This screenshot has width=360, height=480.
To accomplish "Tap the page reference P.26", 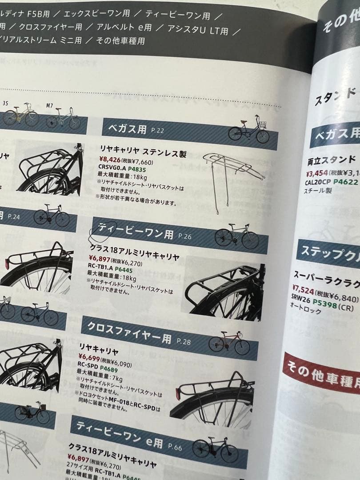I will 184,236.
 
